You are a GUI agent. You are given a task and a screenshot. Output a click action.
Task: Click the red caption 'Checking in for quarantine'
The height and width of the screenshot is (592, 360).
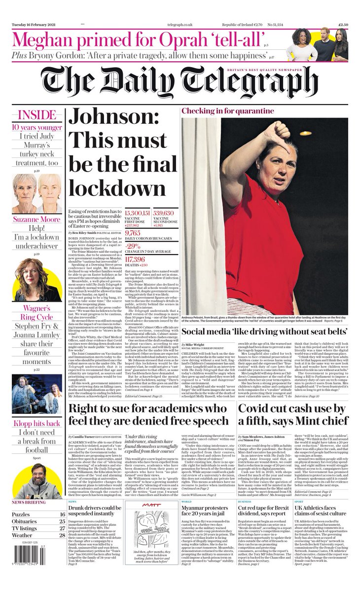point(227,111)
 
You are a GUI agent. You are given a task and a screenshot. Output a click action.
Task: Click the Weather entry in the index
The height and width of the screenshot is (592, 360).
point(23,535)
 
